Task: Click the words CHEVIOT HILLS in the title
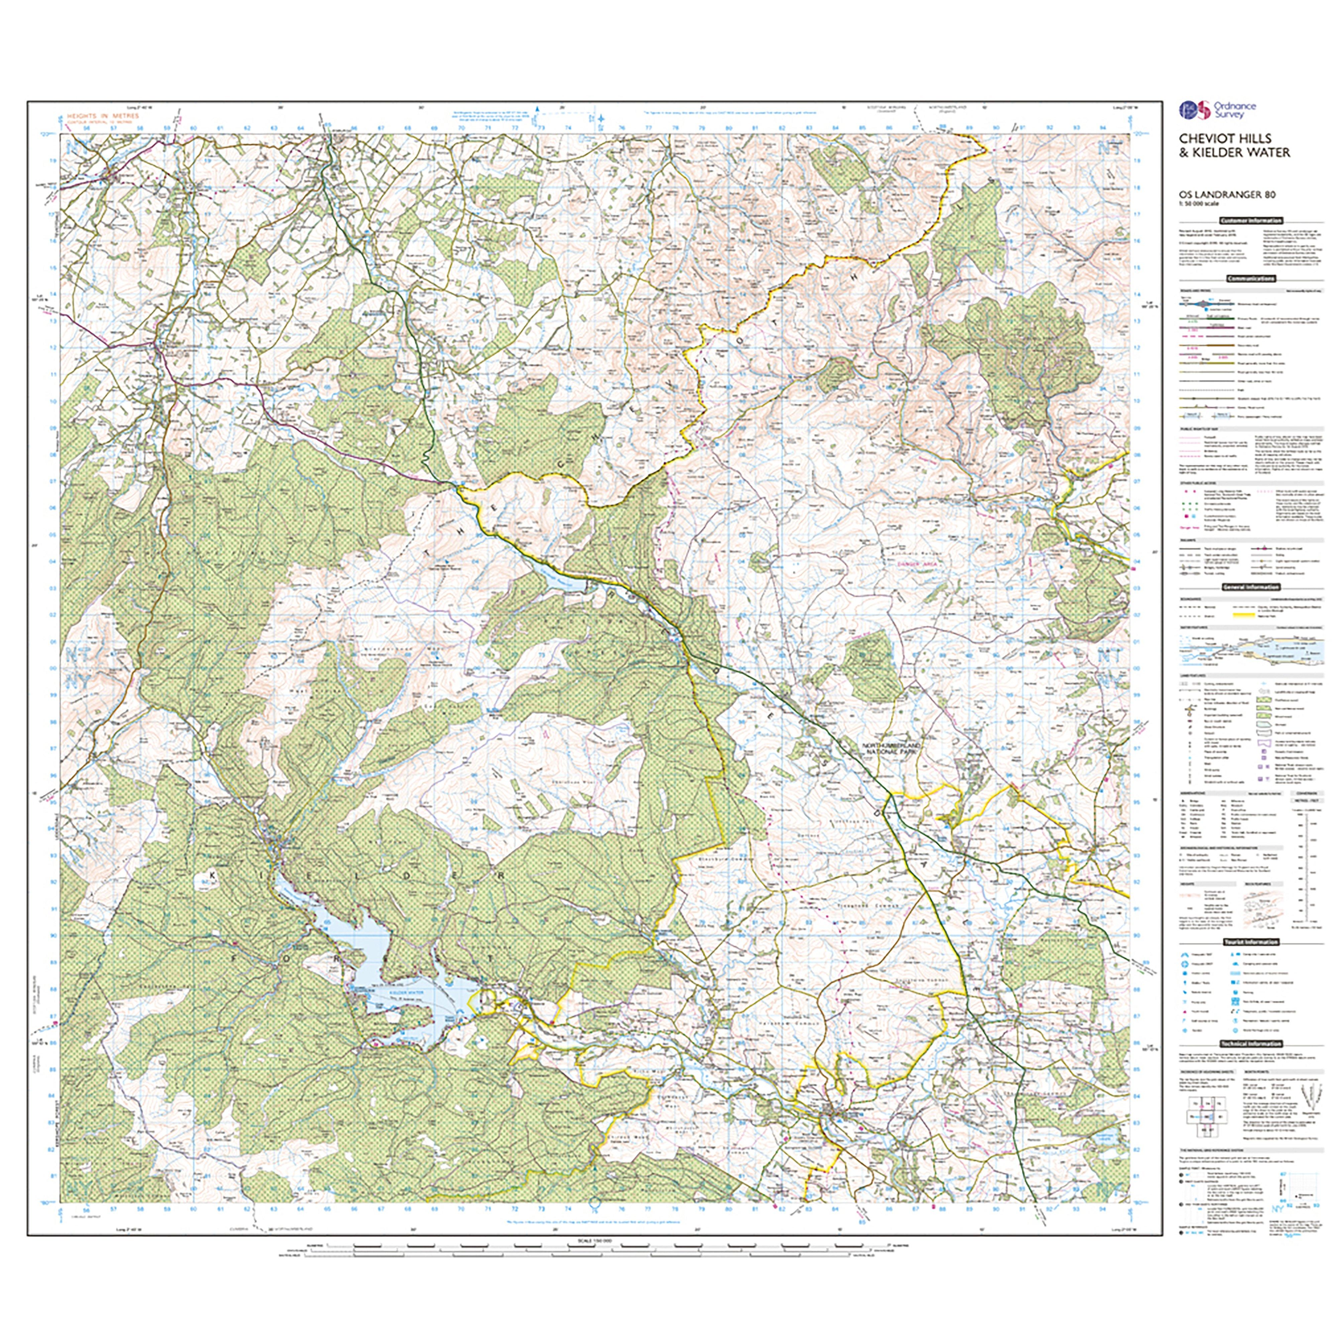(1225, 138)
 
